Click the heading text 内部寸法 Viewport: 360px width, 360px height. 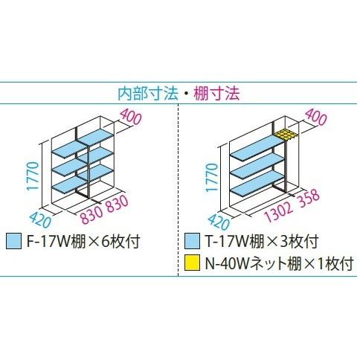click(148, 94)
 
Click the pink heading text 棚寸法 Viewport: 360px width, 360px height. click(216, 94)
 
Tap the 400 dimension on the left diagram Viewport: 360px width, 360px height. click(131, 118)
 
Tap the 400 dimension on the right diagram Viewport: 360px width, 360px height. click(316, 117)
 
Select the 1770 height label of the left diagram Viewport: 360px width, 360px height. click(33, 176)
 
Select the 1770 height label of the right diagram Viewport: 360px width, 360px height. click(212, 177)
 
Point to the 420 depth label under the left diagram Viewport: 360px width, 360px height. click(40, 219)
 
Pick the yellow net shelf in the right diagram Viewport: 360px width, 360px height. click(286, 135)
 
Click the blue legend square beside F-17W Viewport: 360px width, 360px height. click(13, 241)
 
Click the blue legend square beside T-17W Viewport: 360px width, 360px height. click(192, 241)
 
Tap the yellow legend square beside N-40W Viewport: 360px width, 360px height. click(192, 263)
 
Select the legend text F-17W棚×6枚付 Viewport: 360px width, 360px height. click(83, 241)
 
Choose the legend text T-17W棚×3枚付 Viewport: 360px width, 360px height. click(261, 241)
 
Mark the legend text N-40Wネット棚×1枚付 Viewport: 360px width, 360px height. click(279, 263)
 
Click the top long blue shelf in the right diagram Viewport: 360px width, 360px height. click(257, 147)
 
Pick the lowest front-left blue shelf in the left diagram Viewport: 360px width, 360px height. click(69, 184)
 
